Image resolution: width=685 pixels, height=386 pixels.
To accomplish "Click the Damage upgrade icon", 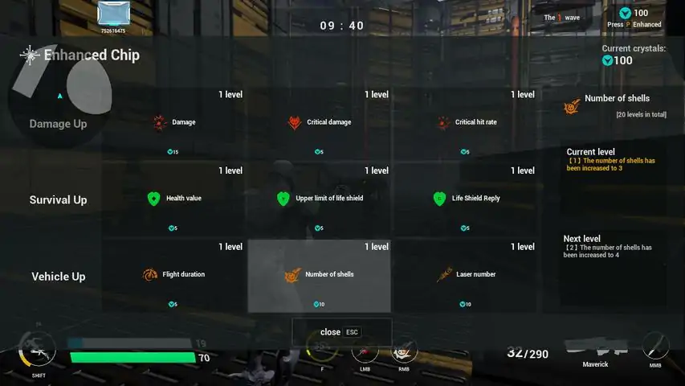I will click(x=159, y=123).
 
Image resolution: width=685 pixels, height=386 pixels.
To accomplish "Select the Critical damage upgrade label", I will click(x=328, y=122).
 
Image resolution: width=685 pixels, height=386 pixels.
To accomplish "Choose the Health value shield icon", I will click(x=153, y=199).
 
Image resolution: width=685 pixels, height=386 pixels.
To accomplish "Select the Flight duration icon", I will click(x=149, y=275).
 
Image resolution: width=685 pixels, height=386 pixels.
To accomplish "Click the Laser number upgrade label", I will click(x=475, y=274).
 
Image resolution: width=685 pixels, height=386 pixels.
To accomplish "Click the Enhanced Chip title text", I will click(x=91, y=55).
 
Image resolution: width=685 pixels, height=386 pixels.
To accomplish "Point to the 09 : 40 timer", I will click(x=342, y=26).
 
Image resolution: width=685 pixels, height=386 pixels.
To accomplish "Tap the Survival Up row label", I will click(x=58, y=199).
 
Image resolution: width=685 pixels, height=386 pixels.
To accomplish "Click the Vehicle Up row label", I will click(x=58, y=277).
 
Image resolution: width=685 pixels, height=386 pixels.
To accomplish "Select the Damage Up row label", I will click(x=58, y=124).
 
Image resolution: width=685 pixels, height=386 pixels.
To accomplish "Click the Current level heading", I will click(x=590, y=152).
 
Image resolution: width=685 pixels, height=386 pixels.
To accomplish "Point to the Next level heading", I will click(x=581, y=239).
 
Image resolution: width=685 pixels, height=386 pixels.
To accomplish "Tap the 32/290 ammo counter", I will click(x=527, y=353).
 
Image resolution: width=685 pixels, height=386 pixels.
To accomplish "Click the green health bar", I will click(x=133, y=357).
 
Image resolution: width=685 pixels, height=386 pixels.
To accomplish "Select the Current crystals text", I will click(x=634, y=49).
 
